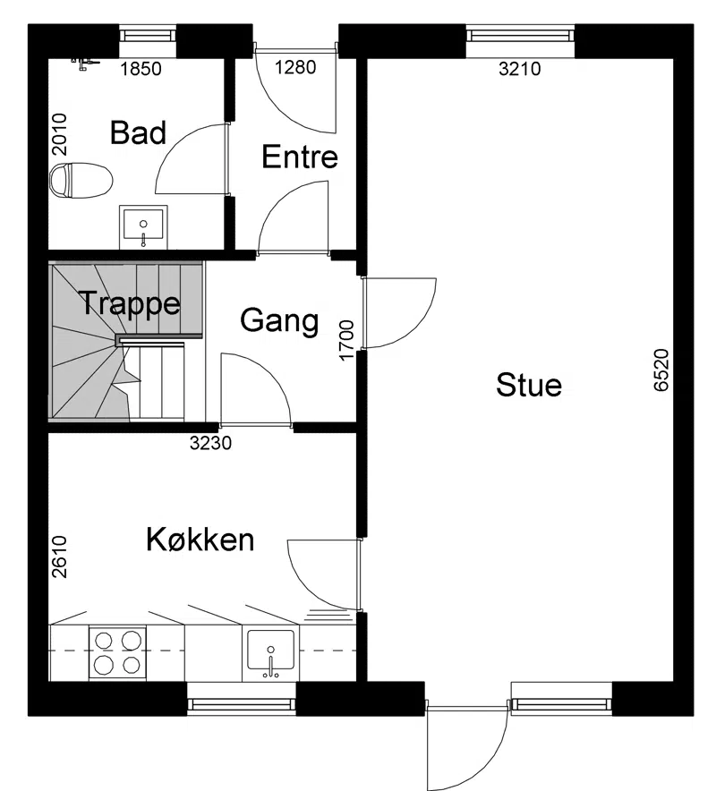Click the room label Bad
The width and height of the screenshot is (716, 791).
(138, 132)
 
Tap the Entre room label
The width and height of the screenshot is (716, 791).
(300, 157)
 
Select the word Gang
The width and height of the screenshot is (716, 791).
(279, 321)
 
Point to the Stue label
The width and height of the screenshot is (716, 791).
(529, 385)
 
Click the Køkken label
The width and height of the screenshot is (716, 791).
(200, 540)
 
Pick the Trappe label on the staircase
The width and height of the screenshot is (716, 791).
(130, 303)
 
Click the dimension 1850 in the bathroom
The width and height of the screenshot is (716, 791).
(141, 69)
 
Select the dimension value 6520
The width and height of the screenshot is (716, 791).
(661, 370)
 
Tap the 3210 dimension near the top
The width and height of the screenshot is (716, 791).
(520, 69)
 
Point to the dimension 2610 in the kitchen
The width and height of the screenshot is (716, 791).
(59, 557)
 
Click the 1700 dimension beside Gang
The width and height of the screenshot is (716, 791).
(346, 341)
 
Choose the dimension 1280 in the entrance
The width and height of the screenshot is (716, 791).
(295, 67)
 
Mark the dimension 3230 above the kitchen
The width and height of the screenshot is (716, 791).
(210, 443)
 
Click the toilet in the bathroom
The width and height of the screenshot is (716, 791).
(81, 180)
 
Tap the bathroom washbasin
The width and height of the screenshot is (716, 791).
(143, 226)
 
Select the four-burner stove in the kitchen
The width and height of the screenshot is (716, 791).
(117, 653)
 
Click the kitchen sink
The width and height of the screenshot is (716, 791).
(270, 654)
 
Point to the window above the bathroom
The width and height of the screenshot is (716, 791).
(148, 35)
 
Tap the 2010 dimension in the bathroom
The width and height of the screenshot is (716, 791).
(59, 134)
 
